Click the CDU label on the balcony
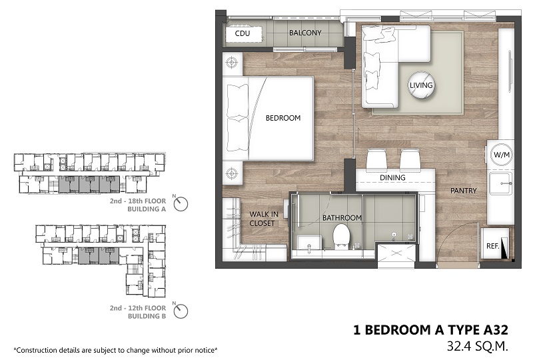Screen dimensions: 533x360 pos(243,33)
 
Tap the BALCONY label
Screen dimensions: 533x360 pos(305,33)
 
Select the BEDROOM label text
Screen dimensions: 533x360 pos(283,118)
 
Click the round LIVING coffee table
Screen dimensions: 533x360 pos(421,85)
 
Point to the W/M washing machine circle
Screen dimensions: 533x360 pos(502,155)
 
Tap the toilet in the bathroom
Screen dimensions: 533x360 pos(341,237)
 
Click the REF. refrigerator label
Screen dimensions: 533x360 pos(492,246)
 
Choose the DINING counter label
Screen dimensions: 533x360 pos(392,177)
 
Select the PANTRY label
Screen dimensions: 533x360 pos(463,191)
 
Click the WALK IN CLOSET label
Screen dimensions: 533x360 pos(264,219)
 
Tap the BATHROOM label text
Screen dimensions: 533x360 pos(342,218)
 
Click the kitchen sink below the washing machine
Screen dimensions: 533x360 pos(500,183)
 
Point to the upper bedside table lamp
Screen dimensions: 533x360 pos(232,63)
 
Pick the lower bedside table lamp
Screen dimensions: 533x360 pos(232,173)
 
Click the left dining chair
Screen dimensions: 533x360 pos(376,159)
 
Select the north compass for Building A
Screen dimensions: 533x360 pos(181,204)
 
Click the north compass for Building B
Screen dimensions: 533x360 pos(181,311)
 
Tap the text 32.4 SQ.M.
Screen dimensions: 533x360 pos(478,347)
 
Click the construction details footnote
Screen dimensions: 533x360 pos(115,350)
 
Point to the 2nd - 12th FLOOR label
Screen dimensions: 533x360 pos(138,308)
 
